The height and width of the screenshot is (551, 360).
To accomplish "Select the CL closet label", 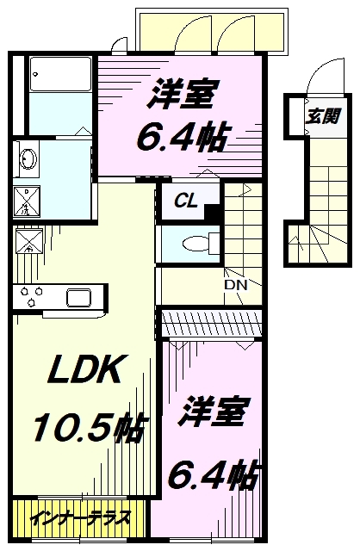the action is [x=186, y=201].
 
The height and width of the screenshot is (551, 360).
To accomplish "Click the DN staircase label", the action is [x=236, y=285].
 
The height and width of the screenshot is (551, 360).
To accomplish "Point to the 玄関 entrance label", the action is [x=322, y=117].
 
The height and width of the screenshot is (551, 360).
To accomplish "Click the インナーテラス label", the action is [x=81, y=517].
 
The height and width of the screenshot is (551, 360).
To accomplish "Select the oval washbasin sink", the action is [x=28, y=158].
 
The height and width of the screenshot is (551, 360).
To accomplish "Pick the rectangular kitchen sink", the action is [x=79, y=298].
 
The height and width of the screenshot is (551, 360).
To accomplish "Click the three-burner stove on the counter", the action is [x=32, y=296].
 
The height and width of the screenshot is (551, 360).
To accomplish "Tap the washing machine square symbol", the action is [x=27, y=201].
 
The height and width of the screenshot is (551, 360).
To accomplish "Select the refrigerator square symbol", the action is [x=28, y=241].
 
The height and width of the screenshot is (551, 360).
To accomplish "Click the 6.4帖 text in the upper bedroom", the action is [x=183, y=137].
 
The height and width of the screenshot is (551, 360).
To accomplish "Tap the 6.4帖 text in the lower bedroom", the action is [x=214, y=475].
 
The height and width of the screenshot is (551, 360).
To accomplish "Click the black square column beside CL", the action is [x=213, y=213].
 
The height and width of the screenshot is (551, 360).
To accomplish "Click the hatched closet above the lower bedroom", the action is [x=212, y=324].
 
